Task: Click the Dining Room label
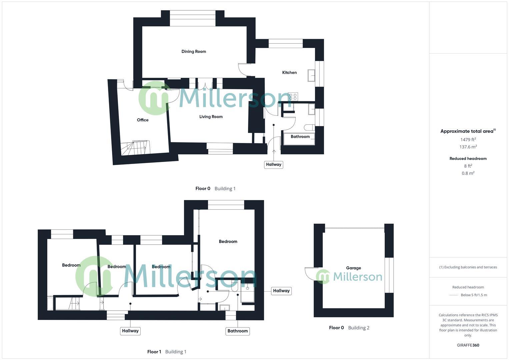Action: tap(194, 51)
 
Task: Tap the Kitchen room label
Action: tap(289, 72)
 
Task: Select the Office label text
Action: tap(143, 120)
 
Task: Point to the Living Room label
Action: tap(211, 117)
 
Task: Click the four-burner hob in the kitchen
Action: tap(293, 97)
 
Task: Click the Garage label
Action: tap(353, 268)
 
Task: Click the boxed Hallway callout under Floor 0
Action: tap(273, 164)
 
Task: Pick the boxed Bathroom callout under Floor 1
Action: tap(238, 331)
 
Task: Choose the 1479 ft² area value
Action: tap(468, 140)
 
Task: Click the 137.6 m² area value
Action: tap(468, 147)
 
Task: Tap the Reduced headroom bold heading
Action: tap(468, 159)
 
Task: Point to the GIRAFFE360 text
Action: tap(468, 345)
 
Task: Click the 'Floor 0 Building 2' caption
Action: tap(349, 328)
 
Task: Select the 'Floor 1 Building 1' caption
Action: tap(167, 352)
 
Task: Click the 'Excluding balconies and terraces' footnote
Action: tap(468, 267)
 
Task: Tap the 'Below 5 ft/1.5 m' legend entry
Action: tap(473, 295)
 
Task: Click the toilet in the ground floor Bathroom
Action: tap(309, 127)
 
